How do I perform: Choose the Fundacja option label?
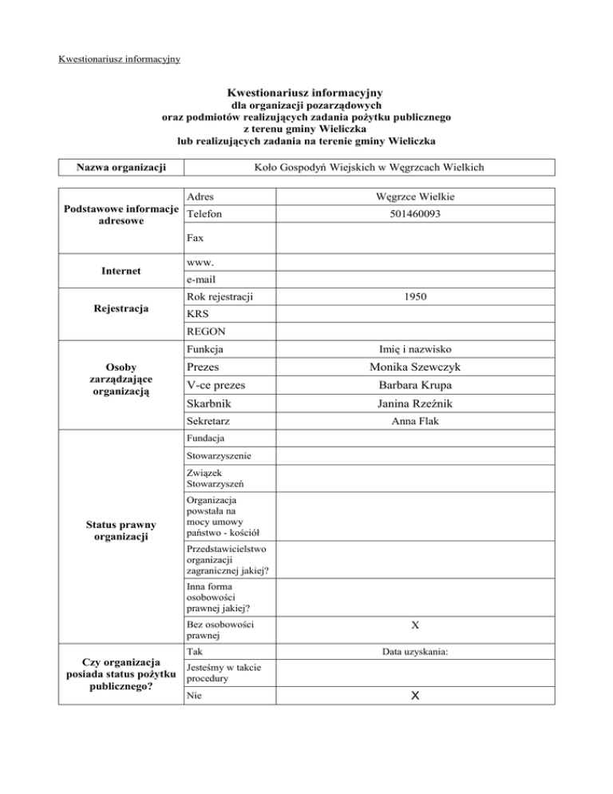point(204,439)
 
